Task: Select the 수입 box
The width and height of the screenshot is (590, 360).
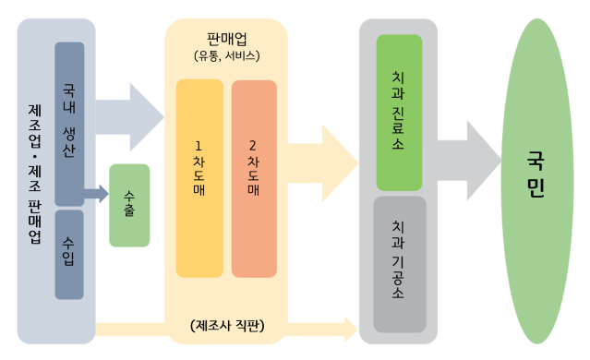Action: [69, 254]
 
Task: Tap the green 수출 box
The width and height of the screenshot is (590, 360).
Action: [129, 205]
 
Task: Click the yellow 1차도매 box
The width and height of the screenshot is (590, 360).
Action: [199, 177]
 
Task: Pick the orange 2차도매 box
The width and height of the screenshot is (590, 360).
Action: [254, 177]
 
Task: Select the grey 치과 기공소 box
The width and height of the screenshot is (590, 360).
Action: [400, 263]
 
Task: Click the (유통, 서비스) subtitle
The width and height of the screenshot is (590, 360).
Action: [226, 56]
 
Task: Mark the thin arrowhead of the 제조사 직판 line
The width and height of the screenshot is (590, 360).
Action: [350, 328]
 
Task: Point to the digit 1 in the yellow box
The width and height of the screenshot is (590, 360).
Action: [199, 145]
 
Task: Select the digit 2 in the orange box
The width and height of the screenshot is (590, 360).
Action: [254, 145]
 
